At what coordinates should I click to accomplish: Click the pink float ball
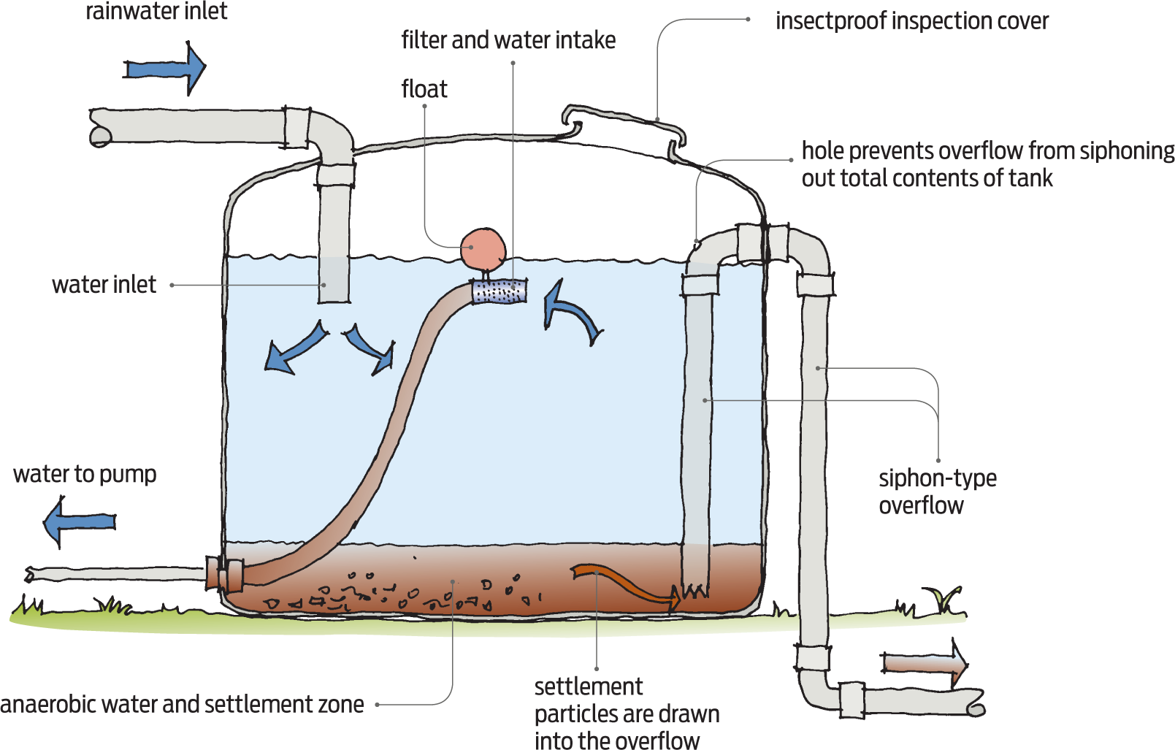[x=483, y=250]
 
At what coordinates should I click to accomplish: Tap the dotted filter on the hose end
[x=500, y=291]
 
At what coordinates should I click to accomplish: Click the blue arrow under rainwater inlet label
[x=165, y=69]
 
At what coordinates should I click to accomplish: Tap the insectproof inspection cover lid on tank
[x=625, y=123]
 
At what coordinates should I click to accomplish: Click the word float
[x=424, y=89]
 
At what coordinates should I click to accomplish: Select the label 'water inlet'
[x=104, y=285]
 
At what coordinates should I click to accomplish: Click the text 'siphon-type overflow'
[x=936, y=491]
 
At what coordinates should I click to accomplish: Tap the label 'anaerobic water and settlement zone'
[x=182, y=705]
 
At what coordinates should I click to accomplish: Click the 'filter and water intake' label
[x=508, y=40]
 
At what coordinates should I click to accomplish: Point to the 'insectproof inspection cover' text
[x=911, y=21]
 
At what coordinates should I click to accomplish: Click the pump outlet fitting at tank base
[x=223, y=575]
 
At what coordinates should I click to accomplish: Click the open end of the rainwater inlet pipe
[x=100, y=136]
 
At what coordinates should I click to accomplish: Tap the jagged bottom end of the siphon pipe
[x=694, y=590]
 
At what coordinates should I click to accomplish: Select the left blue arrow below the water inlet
[x=294, y=348]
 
